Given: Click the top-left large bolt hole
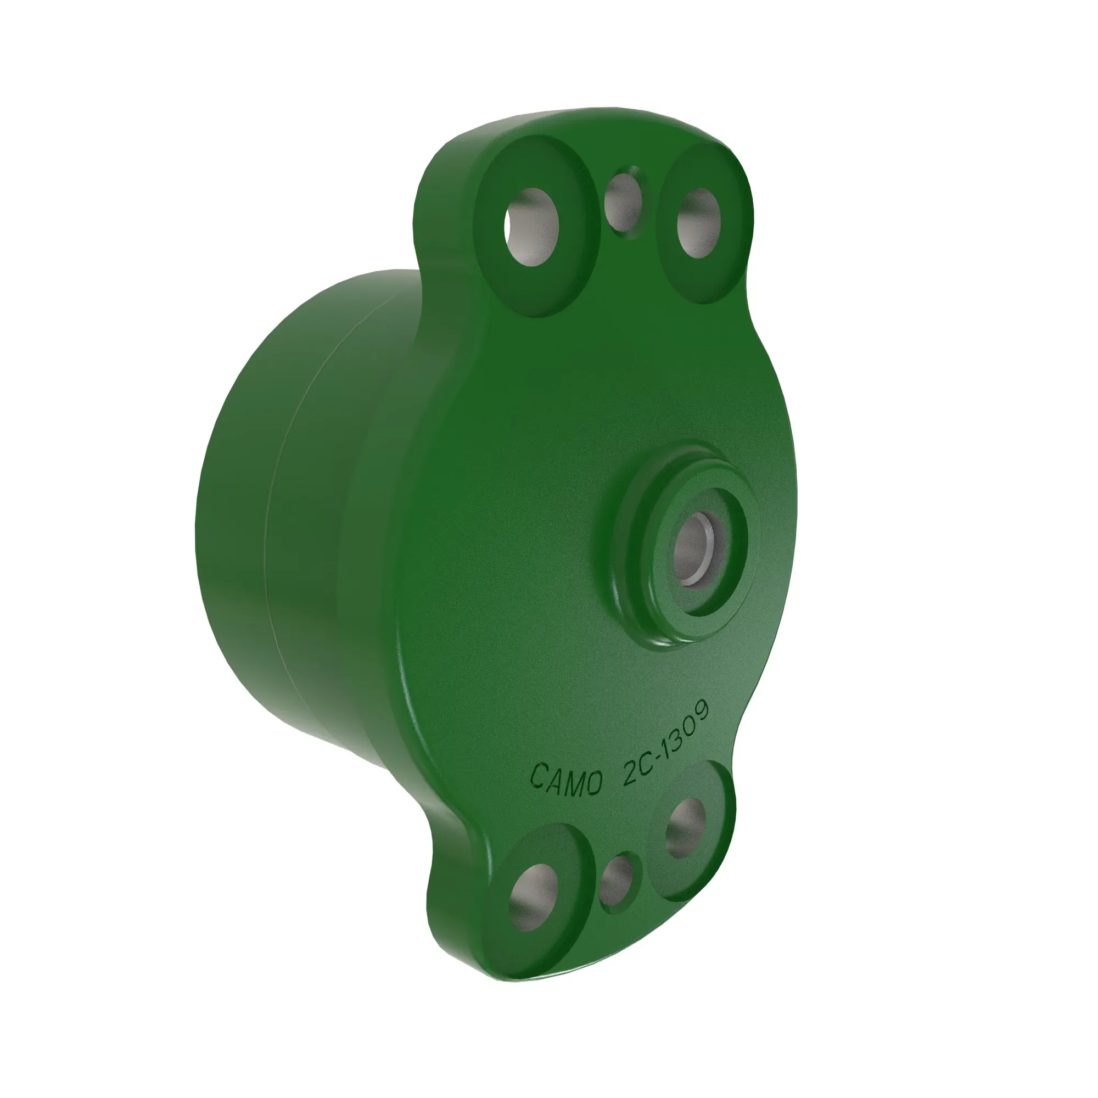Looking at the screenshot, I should pos(532,226).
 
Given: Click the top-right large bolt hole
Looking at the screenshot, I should pos(699,222).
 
